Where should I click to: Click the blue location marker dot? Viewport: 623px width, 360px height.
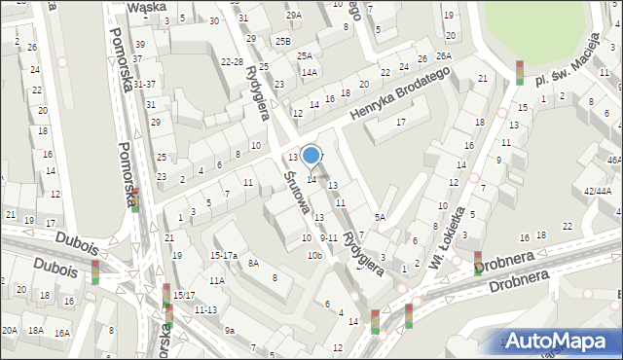(x=311, y=155)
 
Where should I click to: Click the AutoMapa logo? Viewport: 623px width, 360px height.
(x=556, y=341)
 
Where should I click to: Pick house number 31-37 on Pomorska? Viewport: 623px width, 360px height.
(x=144, y=85)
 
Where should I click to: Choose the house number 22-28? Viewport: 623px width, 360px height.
(x=232, y=61)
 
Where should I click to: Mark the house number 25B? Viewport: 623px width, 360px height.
(x=282, y=41)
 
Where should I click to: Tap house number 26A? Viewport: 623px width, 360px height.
(x=444, y=56)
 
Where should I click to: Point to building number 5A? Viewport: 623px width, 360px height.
(x=381, y=217)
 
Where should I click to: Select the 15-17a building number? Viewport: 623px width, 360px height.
(x=224, y=255)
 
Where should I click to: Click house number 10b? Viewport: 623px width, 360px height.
(x=313, y=255)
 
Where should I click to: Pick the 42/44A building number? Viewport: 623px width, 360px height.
(x=598, y=192)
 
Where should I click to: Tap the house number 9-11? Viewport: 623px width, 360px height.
(x=328, y=237)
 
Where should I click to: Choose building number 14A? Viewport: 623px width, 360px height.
(x=309, y=72)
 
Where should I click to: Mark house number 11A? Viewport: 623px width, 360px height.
(x=216, y=280)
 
